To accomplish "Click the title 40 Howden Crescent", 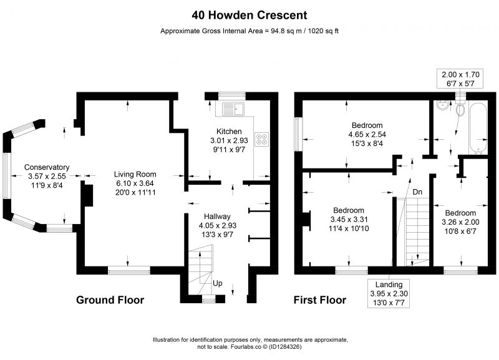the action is [x=249, y=15].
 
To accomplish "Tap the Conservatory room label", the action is [x=47, y=167].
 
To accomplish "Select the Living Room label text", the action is [x=135, y=175].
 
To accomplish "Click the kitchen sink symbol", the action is [x=233, y=109].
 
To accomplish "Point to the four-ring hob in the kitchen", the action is [x=261, y=139].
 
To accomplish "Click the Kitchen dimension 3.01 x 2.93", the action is [x=229, y=140].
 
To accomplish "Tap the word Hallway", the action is [x=217, y=216].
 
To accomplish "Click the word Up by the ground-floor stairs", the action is [x=218, y=283].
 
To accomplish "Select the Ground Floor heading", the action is [x=110, y=300].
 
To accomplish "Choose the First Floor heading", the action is [x=320, y=300].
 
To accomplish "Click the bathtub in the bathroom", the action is [x=478, y=128].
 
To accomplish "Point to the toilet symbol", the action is [x=460, y=107].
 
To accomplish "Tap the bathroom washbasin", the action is [x=443, y=105].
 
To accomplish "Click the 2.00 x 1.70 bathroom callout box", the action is [x=460, y=79].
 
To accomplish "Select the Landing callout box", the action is [x=389, y=293].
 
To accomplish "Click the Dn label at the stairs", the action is [x=417, y=192].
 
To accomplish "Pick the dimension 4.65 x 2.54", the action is [x=367, y=134].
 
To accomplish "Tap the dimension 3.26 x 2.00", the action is [x=460, y=222].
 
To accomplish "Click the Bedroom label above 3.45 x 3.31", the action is [x=349, y=210].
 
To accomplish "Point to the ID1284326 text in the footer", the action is [x=285, y=347].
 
